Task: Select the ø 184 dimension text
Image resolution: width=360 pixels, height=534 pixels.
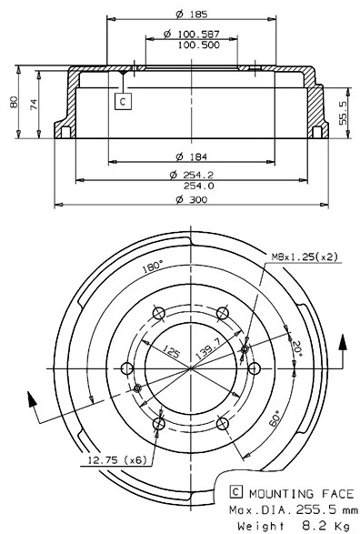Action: pos(190,156)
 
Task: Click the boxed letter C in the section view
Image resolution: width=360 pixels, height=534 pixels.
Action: pos(123,102)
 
